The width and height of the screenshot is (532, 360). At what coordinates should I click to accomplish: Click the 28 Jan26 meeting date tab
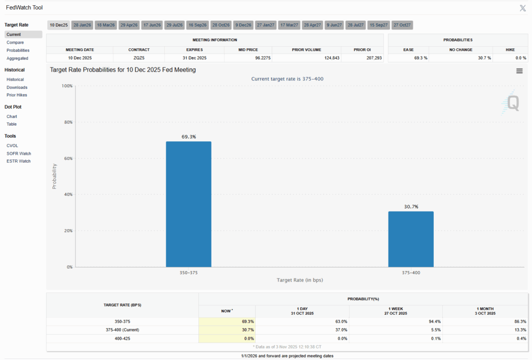pyautogui.click(x=82, y=25)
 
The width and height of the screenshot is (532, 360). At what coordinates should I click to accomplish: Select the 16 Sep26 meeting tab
pyautogui.click(x=197, y=25)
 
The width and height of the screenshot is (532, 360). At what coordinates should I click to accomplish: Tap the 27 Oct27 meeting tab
pyautogui.click(x=402, y=25)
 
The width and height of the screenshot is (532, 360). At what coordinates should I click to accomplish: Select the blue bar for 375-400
pyautogui.click(x=411, y=239)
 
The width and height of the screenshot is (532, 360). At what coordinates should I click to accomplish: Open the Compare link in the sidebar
pyautogui.click(x=16, y=43)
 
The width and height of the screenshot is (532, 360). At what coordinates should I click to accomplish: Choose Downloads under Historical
pyautogui.click(x=17, y=87)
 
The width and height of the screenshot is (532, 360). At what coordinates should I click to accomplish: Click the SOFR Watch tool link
pyautogui.click(x=19, y=153)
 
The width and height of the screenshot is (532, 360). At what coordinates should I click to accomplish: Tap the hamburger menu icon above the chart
pyautogui.click(x=520, y=71)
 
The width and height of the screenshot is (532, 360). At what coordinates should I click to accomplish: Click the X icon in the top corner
pyautogui.click(x=523, y=8)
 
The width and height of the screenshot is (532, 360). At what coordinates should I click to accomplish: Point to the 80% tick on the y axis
pyautogui.click(x=68, y=122)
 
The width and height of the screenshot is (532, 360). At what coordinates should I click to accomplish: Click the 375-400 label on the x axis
pyautogui.click(x=410, y=272)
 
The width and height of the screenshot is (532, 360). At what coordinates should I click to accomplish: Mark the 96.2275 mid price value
pyautogui.click(x=248, y=58)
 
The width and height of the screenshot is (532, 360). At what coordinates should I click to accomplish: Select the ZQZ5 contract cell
pyautogui.click(x=138, y=58)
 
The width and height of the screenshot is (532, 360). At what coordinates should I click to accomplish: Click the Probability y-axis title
pyautogui.click(x=54, y=176)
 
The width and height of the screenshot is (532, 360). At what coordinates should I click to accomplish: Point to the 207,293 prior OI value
pyautogui.click(x=371, y=58)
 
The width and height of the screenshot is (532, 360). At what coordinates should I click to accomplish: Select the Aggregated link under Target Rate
pyautogui.click(x=18, y=58)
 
